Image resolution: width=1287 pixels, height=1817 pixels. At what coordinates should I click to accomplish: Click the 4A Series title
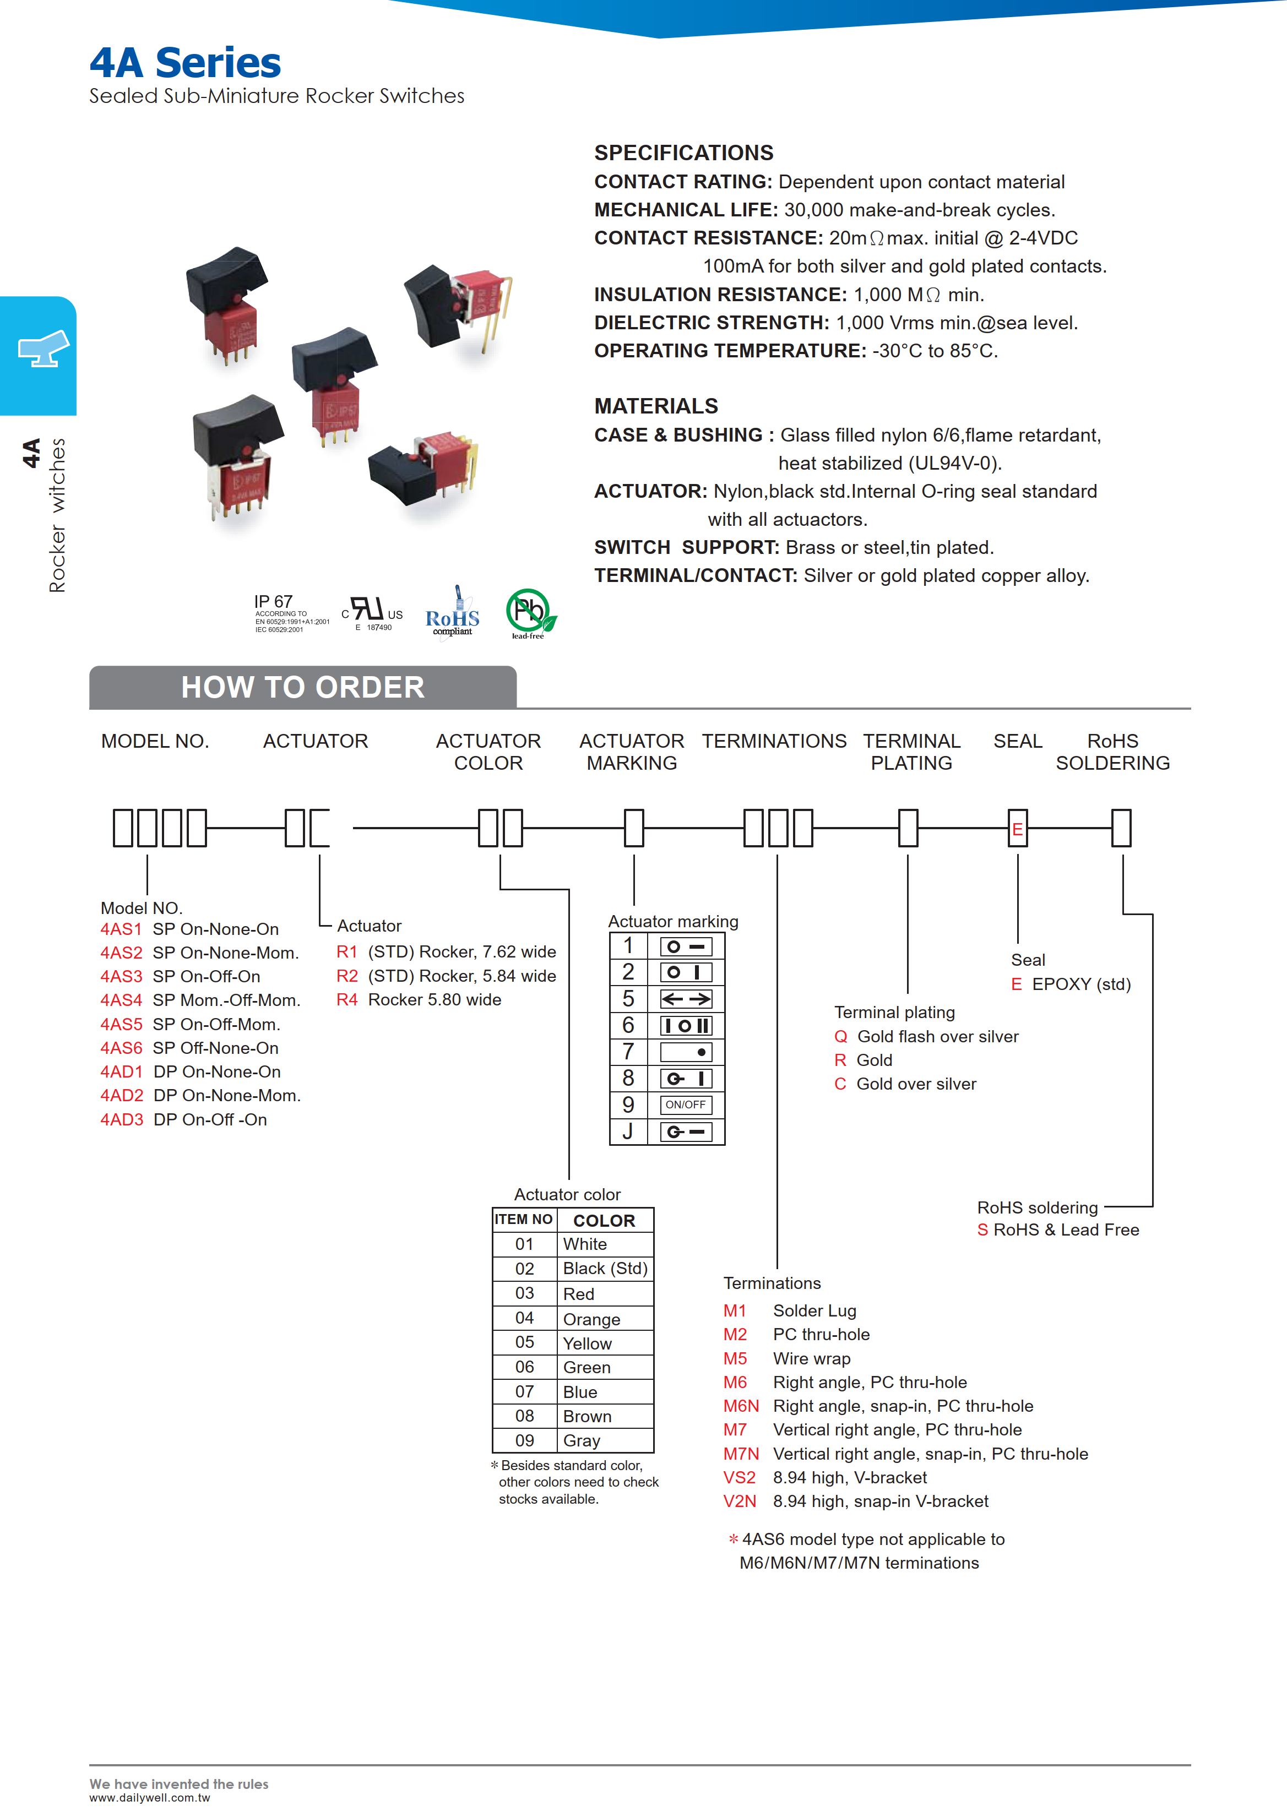click(184, 63)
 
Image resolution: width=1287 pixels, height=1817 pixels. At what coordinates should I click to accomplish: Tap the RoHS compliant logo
click(453, 612)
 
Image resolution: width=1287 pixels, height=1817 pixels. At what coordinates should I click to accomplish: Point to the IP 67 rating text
click(273, 601)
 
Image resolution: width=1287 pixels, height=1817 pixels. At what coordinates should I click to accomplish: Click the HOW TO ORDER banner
click(303, 687)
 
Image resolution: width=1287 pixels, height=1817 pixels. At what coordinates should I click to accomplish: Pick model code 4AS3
click(121, 976)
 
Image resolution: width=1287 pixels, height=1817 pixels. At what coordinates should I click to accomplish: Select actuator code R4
click(347, 999)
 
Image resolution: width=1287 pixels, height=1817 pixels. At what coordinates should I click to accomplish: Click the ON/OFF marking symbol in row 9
click(686, 1105)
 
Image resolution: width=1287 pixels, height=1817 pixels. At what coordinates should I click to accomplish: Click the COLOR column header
click(604, 1220)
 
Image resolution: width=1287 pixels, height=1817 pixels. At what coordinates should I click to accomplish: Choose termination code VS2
click(740, 1477)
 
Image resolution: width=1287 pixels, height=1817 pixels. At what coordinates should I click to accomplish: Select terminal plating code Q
click(841, 1036)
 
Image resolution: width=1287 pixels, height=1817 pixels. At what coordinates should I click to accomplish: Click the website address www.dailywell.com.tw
click(150, 1798)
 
